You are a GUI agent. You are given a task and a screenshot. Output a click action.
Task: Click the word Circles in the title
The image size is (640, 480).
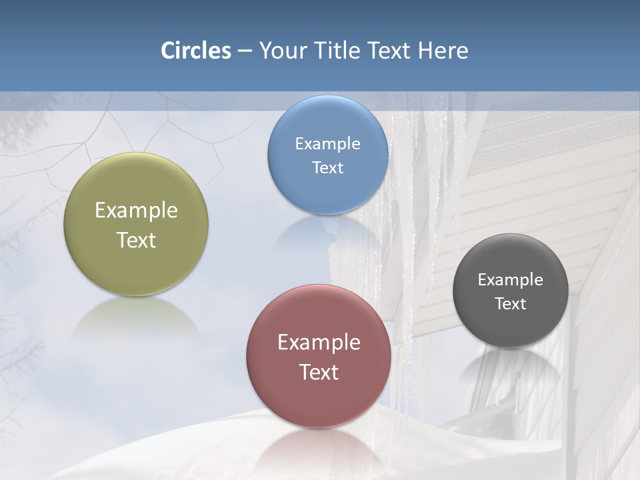coord(196,51)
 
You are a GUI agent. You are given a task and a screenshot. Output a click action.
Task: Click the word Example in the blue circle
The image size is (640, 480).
coord(328,143)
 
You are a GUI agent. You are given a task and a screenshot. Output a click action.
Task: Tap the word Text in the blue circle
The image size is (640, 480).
coord(328,167)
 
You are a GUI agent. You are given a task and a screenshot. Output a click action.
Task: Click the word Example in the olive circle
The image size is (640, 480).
coord(136,211)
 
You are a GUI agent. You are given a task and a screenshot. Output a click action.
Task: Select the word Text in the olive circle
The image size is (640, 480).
coord(136,240)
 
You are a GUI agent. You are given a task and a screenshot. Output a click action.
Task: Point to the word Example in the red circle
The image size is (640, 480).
coord(319,342)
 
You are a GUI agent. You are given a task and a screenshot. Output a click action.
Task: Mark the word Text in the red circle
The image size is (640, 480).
coord(319,372)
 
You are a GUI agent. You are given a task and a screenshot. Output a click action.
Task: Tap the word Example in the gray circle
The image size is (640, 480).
coord(511,279)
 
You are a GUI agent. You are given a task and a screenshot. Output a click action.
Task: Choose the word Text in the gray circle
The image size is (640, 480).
coord(511,304)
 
